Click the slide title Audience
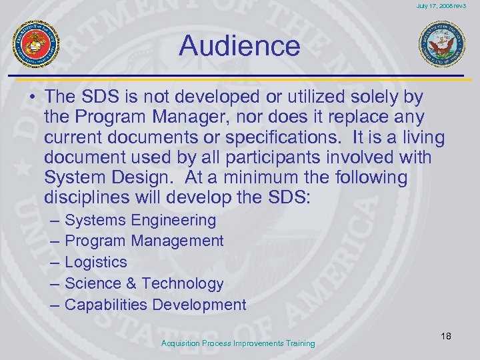[239, 46]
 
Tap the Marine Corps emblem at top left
[37, 44]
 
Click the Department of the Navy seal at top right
[441, 44]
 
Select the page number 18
[445, 336]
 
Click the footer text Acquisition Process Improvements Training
[238, 343]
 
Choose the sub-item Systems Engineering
[141, 220]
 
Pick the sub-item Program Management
[144, 241]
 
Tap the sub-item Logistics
[96, 262]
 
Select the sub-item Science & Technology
[144, 283]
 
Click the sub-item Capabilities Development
[155, 305]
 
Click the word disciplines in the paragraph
[90, 199]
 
